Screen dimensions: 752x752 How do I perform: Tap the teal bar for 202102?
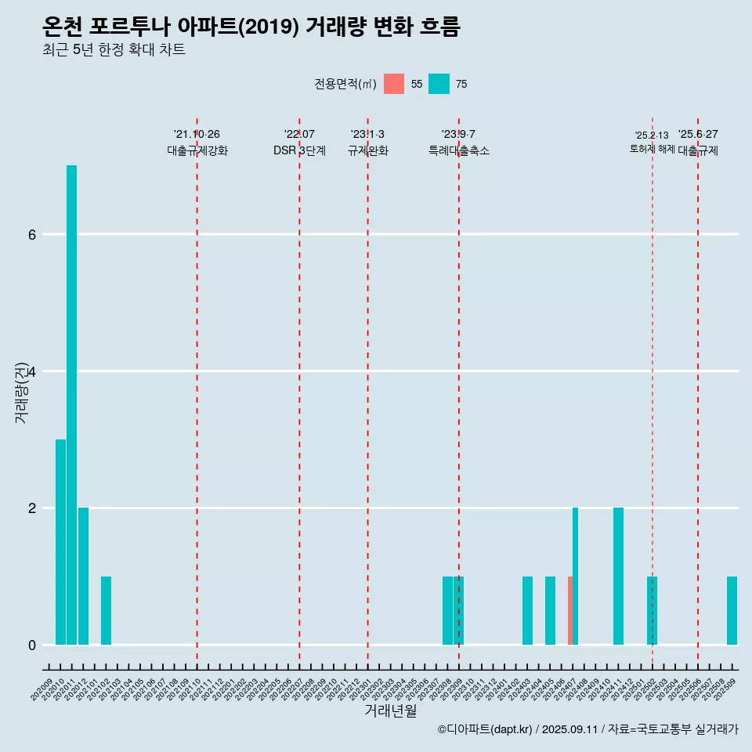click(106, 610)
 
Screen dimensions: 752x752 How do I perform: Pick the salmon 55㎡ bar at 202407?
click(570, 610)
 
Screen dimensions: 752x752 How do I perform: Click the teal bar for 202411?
click(618, 576)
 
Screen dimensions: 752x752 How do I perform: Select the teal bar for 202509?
click(732, 610)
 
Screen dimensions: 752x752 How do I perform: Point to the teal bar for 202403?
click(527, 610)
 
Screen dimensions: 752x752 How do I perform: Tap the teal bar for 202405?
click(550, 610)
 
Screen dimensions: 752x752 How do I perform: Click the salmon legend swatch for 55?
click(394, 84)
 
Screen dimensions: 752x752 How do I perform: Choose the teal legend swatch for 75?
click(439, 84)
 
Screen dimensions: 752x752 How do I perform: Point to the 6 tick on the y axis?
click(32, 234)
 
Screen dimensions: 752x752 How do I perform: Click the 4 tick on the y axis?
click(32, 371)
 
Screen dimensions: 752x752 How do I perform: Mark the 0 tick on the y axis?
click(32, 645)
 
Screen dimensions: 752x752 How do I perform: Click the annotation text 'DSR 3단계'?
click(299, 150)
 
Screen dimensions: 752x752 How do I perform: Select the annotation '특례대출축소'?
click(458, 150)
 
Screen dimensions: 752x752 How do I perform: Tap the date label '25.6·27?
click(698, 134)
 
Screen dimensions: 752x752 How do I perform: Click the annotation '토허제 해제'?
click(652, 148)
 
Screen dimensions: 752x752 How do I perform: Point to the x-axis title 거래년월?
click(390, 710)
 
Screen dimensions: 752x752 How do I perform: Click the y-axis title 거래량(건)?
click(21, 392)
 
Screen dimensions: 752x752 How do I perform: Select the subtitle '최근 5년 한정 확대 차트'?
click(114, 50)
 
